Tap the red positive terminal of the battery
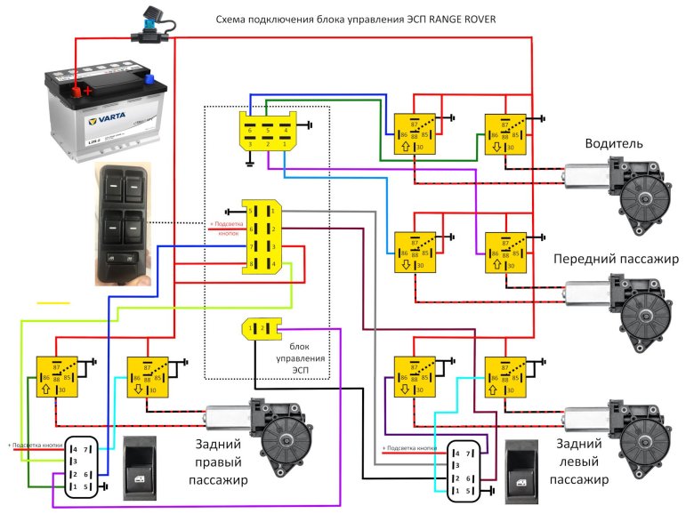coord(86,89)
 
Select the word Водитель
coord(616,144)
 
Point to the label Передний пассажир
coord(616,259)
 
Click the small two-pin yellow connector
coord(260,329)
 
